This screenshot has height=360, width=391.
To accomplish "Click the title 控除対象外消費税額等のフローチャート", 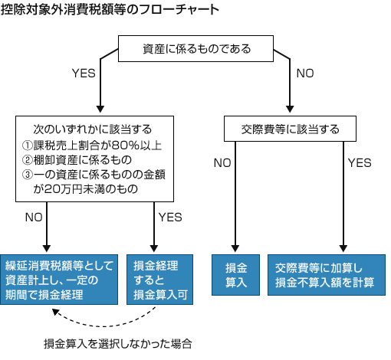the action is (110, 10).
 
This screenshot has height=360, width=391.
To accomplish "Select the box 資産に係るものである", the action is (195, 48).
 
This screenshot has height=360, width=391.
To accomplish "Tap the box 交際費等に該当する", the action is (290, 129).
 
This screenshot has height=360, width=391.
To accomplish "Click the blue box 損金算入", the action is (235, 275).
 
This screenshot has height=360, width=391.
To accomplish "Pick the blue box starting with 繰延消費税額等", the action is (59, 280).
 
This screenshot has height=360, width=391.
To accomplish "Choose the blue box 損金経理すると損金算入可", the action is (159, 280).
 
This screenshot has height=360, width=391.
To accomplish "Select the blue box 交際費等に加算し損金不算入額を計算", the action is (327, 275).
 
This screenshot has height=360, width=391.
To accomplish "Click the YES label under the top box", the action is (84, 74).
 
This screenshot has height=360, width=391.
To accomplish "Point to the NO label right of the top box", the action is (305, 74).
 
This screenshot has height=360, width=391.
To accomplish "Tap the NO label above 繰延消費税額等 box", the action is (34, 218).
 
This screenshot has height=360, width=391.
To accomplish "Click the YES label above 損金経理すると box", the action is (170, 218).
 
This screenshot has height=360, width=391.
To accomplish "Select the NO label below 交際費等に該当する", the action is (222, 163).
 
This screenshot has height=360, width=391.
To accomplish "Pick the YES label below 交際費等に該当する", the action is (360, 163).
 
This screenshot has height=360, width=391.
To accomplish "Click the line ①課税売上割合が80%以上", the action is (92, 146).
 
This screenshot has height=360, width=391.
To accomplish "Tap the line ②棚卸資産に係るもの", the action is (77, 160).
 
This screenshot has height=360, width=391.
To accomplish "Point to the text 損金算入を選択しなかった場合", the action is (118, 344).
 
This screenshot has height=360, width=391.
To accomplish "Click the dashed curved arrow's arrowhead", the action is (55, 312).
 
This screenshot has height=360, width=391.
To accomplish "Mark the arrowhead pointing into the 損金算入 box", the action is (235, 248).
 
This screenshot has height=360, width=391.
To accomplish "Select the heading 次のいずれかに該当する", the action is (93, 129).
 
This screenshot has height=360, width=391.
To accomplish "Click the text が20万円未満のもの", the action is (85, 189).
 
